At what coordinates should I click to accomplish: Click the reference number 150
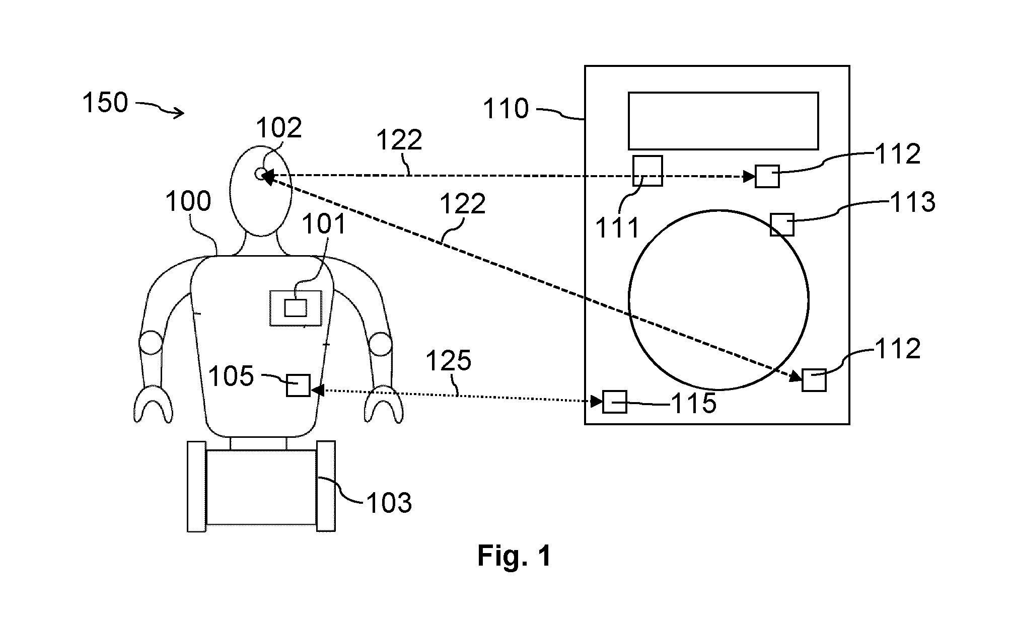coord(105,103)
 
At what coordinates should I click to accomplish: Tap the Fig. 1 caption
coord(514,556)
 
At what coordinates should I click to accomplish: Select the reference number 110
coord(506,109)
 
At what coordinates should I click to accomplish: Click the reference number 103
coord(389,503)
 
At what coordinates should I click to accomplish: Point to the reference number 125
coord(449,361)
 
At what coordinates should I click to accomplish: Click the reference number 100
coord(188,202)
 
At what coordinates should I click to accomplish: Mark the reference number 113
coord(913,202)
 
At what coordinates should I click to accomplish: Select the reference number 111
coord(617,228)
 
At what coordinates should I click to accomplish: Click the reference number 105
coord(231,376)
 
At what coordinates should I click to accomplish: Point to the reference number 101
coord(324,224)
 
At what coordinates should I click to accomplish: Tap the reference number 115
coord(693,403)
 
